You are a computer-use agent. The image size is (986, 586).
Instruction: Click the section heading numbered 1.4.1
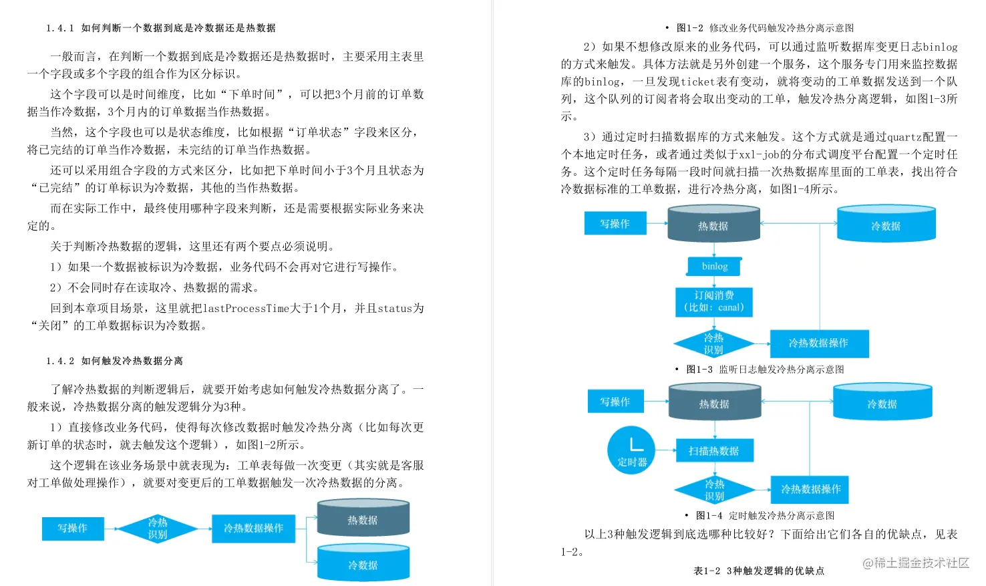click(x=160, y=28)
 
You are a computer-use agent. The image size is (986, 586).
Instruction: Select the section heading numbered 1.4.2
click(x=114, y=361)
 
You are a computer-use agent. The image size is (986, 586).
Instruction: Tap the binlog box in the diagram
click(x=714, y=267)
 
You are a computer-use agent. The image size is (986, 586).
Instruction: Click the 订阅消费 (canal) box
click(x=713, y=301)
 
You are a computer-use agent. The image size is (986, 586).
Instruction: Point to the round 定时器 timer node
click(x=631, y=450)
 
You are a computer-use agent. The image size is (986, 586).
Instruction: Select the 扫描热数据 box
click(x=713, y=451)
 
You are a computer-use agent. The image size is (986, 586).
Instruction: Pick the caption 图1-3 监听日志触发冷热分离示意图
click(x=764, y=370)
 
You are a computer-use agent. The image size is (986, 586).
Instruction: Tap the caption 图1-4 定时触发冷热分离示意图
click(x=764, y=516)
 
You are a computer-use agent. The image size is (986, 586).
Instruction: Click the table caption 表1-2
click(x=759, y=571)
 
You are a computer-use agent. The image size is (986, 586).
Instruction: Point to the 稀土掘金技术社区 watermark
click(x=916, y=563)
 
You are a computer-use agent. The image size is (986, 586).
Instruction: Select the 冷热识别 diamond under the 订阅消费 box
click(x=713, y=343)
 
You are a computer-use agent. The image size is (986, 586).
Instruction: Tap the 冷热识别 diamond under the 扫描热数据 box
click(x=714, y=490)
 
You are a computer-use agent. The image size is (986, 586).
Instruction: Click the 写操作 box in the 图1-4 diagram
click(x=615, y=402)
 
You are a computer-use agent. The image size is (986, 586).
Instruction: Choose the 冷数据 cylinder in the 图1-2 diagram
click(x=363, y=563)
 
